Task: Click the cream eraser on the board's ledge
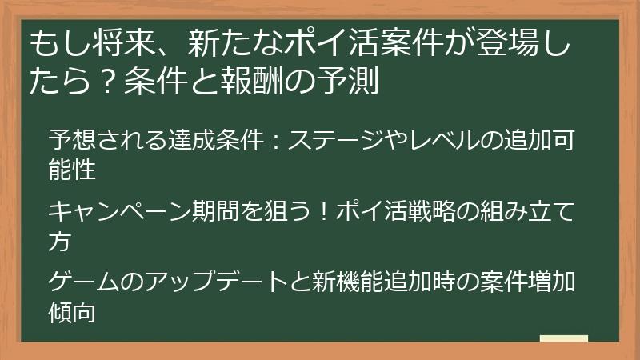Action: point(564,340)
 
